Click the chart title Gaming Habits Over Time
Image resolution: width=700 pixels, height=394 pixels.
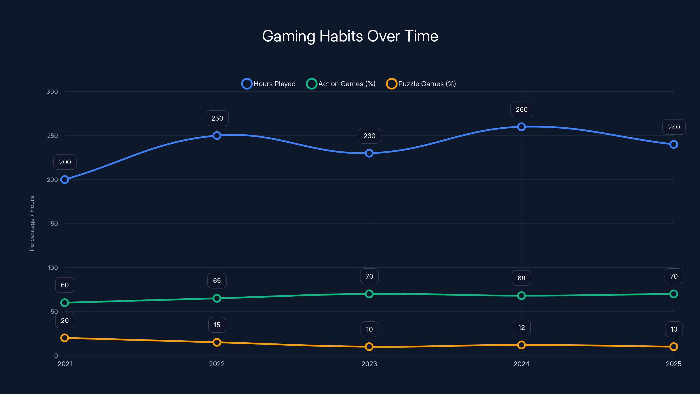350,36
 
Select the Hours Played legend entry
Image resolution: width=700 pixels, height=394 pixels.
268,84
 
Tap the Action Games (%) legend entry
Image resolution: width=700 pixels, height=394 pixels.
341,84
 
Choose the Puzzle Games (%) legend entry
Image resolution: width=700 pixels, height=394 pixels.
421,84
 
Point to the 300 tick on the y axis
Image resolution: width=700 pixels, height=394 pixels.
52,92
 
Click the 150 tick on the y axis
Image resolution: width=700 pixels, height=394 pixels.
53,224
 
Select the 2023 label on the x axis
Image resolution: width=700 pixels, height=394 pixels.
369,364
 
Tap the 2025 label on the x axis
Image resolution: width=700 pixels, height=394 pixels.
673,364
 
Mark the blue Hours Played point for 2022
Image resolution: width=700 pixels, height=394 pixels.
217,135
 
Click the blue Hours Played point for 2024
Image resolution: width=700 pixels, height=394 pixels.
521,127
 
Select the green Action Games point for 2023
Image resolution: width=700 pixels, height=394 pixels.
369,294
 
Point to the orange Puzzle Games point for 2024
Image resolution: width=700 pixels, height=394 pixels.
521,345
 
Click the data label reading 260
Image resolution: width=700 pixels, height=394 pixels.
521,110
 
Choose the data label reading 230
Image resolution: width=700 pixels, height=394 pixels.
369,136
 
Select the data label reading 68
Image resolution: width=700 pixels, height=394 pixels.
521,278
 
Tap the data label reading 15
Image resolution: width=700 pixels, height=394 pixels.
217,325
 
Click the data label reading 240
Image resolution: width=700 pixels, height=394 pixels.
674,127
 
